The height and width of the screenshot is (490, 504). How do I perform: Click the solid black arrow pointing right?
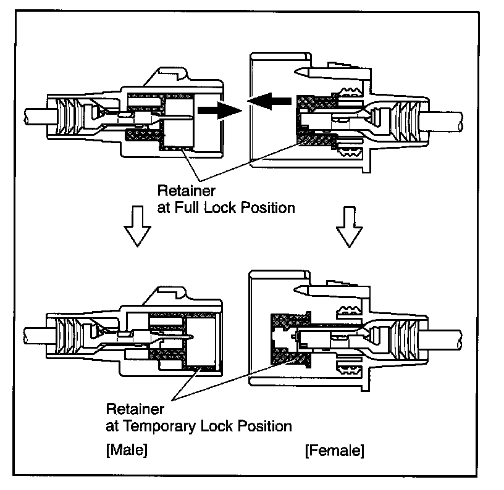tap(217, 112)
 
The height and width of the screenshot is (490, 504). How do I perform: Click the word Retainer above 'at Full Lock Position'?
tap(183, 189)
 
